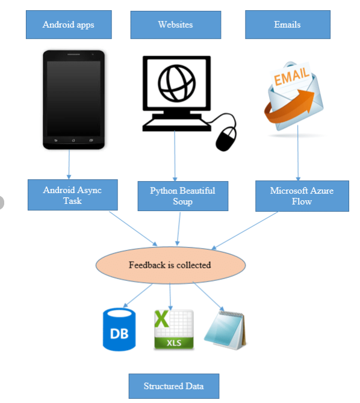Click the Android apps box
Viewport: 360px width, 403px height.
pos(68,25)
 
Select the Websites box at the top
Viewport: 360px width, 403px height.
pos(175,25)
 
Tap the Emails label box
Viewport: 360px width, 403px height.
pos(287,25)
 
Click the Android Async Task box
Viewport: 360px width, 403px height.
pos(72,195)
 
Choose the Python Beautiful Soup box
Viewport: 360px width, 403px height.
pos(182,196)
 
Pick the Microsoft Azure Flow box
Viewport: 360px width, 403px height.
pos(302,196)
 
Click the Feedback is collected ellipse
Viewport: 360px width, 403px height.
pos(170,265)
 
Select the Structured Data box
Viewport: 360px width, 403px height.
pos(173,386)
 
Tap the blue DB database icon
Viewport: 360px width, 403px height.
pos(119,330)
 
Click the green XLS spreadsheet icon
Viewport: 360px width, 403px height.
pos(173,330)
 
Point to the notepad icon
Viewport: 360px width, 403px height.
pos(225,330)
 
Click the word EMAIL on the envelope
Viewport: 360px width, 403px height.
pos(293,76)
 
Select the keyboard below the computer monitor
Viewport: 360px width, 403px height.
pos(175,123)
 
